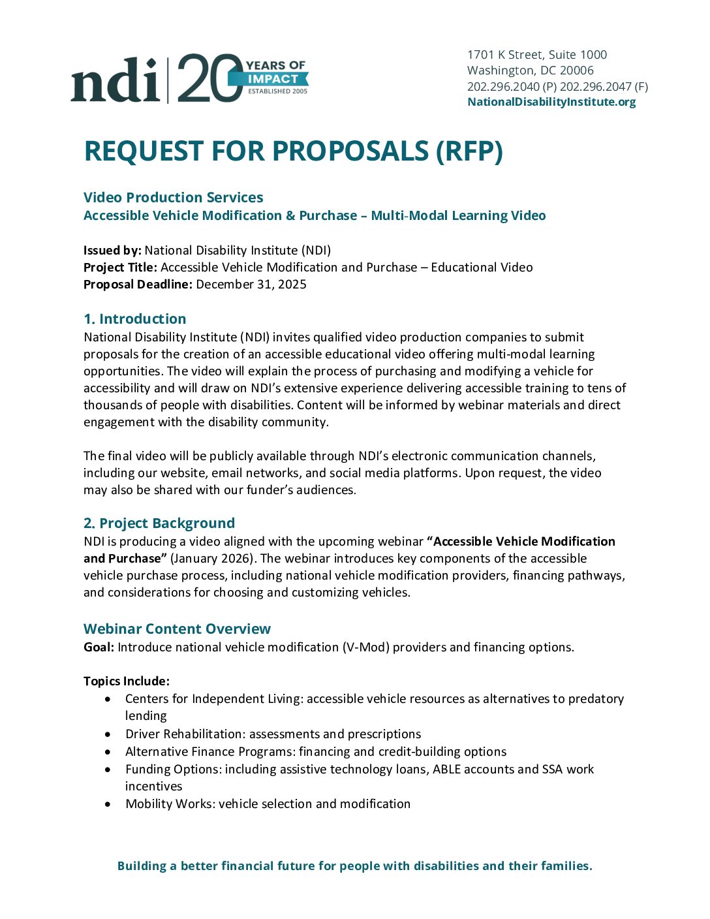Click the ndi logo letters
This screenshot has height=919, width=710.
(x=115, y=80)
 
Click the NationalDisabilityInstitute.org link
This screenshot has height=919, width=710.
(x=551, y=102)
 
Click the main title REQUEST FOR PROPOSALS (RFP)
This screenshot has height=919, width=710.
(x=293, y=151)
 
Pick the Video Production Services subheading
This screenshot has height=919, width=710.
(x=173, y=197)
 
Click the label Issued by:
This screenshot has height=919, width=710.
(x=112, y=250)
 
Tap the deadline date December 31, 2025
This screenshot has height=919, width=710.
(x=251, y=284)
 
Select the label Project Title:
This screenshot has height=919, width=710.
(x=120, y=267)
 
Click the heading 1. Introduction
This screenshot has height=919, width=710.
(x=134, y=319)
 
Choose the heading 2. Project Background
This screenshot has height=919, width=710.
(x=159, y=523)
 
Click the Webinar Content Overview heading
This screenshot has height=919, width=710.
(x=177, y=629)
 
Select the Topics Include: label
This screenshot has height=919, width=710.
(x=126, y=681)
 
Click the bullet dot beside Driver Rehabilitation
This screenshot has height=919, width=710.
(x=108, y=734)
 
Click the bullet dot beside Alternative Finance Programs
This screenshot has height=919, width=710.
(x=108, y=752)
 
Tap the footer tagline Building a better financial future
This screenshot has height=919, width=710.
(x=354, y=865)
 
